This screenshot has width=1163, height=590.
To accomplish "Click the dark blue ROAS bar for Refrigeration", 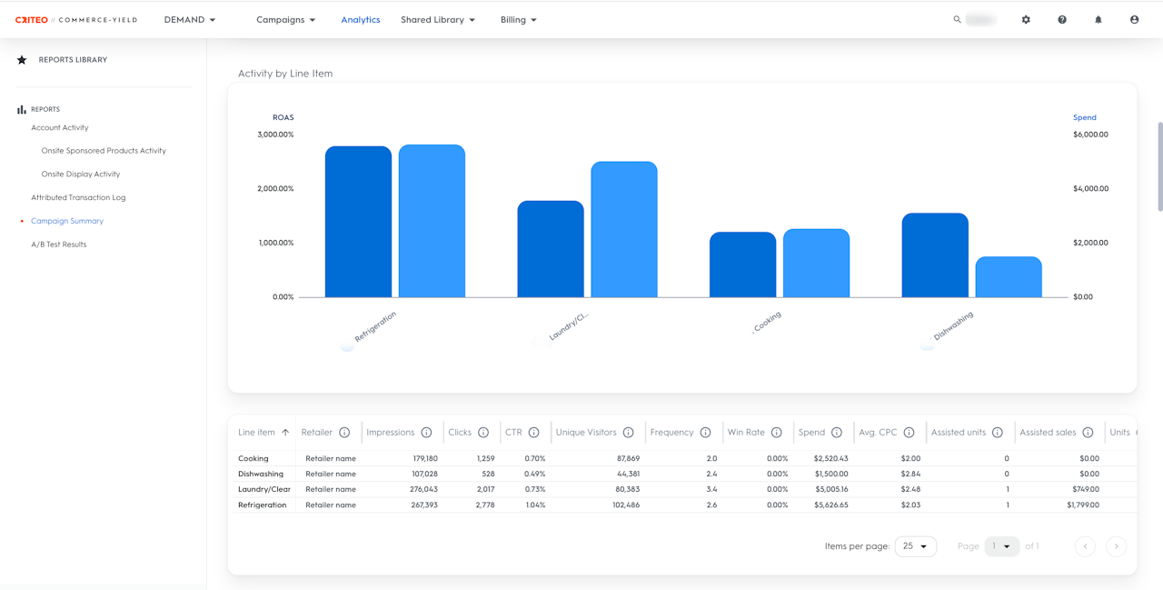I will pyautogui.click(x=358, y=222).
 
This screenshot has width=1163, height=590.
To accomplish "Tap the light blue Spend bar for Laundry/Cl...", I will pyautogui.click(x=623, y=229).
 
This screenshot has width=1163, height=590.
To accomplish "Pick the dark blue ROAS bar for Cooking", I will pyautogui.click(x=742, y=265).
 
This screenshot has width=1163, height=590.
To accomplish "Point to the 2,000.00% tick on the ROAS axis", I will pyautogui.click(x=275, y=189).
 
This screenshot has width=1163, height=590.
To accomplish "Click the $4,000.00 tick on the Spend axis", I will pyautogui.click(x=1090, y=189).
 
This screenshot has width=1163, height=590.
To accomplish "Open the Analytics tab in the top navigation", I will pyautogui.click(x=361, y=20).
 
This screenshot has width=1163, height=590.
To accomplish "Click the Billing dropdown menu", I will pyautogui.click(x=518, y=20).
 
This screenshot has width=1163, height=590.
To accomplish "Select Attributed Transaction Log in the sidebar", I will pyautogui.click(x=78, y=197).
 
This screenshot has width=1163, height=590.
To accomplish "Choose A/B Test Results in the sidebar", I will pyautogui.click(x=58, y=245).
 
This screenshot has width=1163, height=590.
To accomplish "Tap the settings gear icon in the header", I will pyautogui.click(x=1026, y=20).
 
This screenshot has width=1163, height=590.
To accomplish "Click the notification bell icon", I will pyautogui.click(x=1098, y=20).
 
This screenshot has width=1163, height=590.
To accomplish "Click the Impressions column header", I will pyautogui.click(x=391, y=433).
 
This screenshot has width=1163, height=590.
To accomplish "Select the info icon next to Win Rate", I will pyautogui.click(x=776, y=433).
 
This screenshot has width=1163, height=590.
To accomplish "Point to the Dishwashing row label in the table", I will pyautogui.click(x=261, y=474).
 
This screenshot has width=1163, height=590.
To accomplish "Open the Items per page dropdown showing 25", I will pyautogui.click(x=915, y=546).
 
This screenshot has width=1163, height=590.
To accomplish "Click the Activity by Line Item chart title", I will pyautogui.click(x=285, y=74).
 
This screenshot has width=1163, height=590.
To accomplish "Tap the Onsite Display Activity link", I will pyautogui.click(x=81, y=174).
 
